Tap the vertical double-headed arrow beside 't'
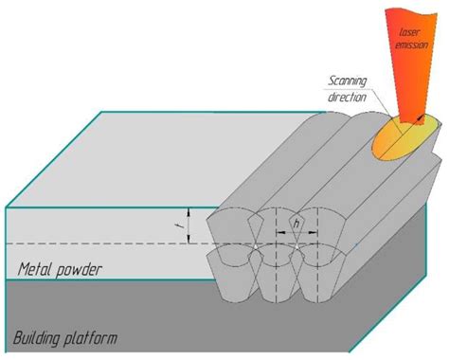190,225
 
